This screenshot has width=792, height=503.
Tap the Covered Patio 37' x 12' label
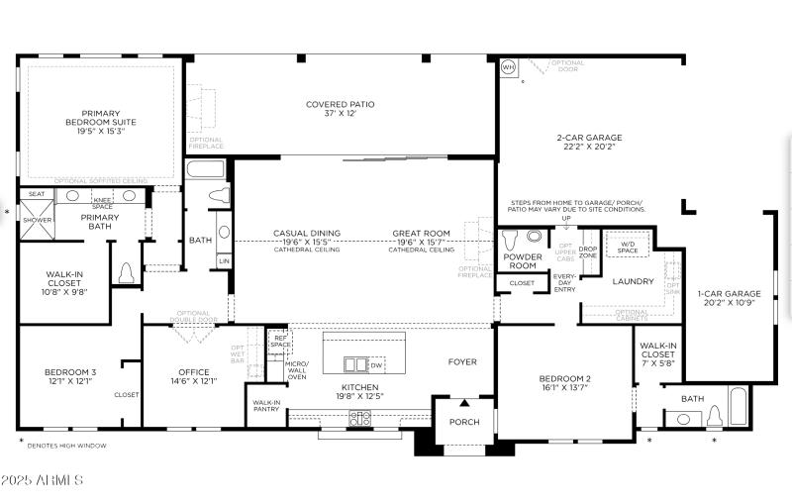[340, 109]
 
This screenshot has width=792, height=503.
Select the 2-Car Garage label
[588, 143]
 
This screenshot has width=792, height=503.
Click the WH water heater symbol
[509, 67]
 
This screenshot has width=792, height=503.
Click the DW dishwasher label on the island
[376, 365]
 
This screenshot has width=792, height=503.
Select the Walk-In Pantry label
[265, 406]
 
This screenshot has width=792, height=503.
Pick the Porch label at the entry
[464, 422]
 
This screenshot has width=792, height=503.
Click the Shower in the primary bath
[37, 221]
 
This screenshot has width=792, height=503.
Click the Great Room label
[421, 238]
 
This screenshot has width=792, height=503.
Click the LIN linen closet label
[224, 261]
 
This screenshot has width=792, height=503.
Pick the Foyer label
[462, 361]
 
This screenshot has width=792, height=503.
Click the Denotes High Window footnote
[66, 446]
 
